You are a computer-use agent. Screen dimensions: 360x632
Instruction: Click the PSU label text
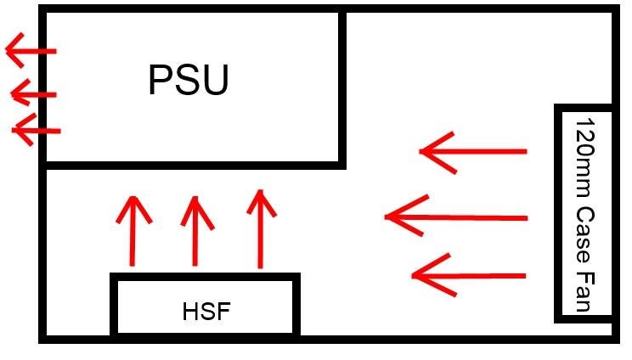tap(188, 81)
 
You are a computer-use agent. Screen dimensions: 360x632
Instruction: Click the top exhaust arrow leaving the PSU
tap(31, 51)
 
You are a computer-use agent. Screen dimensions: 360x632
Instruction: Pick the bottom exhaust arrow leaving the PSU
tap(37, 130)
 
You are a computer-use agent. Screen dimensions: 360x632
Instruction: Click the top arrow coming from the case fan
tap(473, 152)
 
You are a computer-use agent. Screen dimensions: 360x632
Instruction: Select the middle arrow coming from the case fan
tap(456, 218)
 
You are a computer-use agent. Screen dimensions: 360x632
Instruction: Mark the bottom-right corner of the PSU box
tap(342, 164)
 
